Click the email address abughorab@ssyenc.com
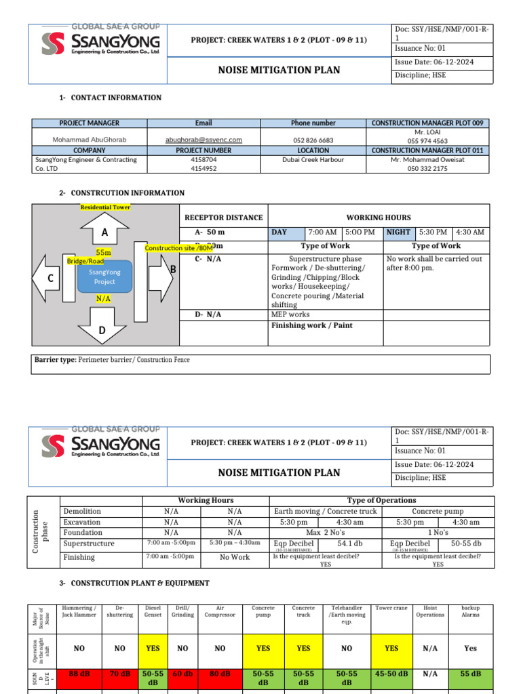pos(204,140)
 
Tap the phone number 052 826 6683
pos(313,140)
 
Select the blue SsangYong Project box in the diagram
pos(104,277)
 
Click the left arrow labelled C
pos(47,278)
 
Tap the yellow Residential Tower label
pos(105,207)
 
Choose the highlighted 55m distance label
pos(104,252)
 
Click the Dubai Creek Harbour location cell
pos(313,160)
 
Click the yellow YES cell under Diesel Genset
pos(153,648)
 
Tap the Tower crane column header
pos(391,609)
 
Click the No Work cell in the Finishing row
pos(235,557)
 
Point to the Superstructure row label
pos(89,544)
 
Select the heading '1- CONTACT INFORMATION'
pos(111,98)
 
